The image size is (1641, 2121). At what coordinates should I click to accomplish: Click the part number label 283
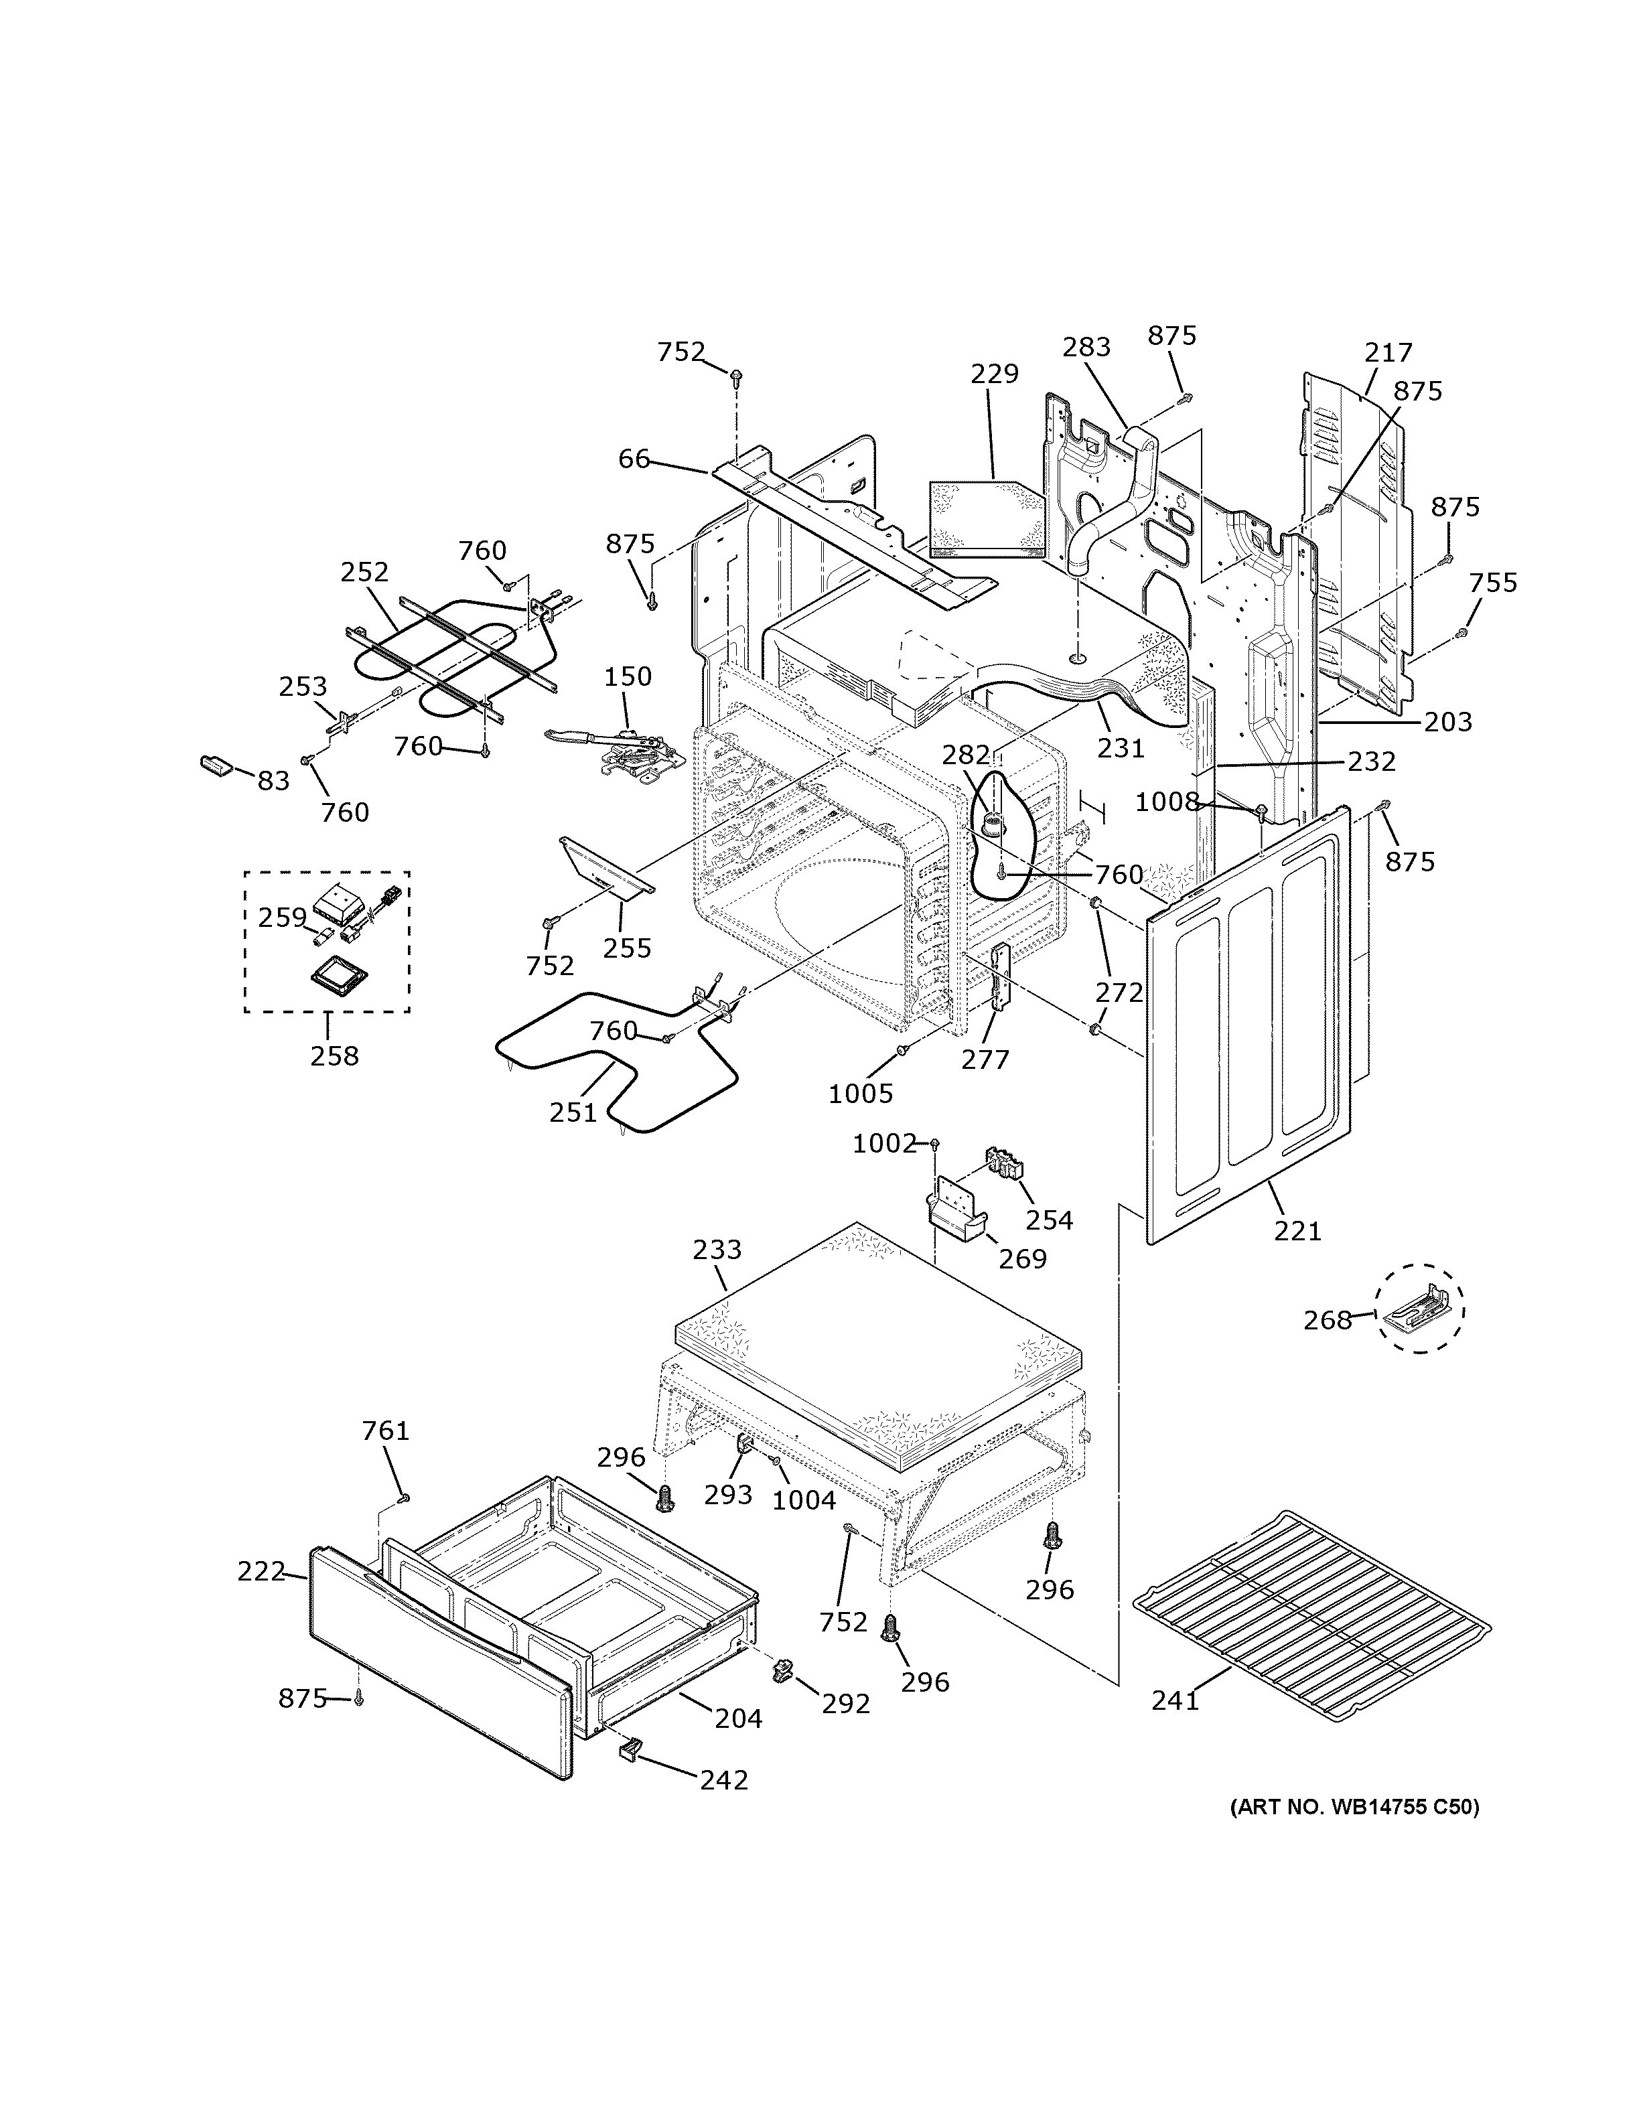1086,347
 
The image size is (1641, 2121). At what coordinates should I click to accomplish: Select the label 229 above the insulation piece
994,374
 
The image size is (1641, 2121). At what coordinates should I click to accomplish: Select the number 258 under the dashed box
334,1055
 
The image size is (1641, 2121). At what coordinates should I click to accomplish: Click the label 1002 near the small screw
883,1144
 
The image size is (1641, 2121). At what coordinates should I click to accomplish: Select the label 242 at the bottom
723,1780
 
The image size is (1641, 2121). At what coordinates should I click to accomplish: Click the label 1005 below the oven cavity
860,1094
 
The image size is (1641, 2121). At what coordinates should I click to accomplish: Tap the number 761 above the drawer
386,1431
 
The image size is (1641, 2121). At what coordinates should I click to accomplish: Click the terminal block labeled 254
1004,1161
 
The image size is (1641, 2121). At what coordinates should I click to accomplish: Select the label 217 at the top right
1388,352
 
